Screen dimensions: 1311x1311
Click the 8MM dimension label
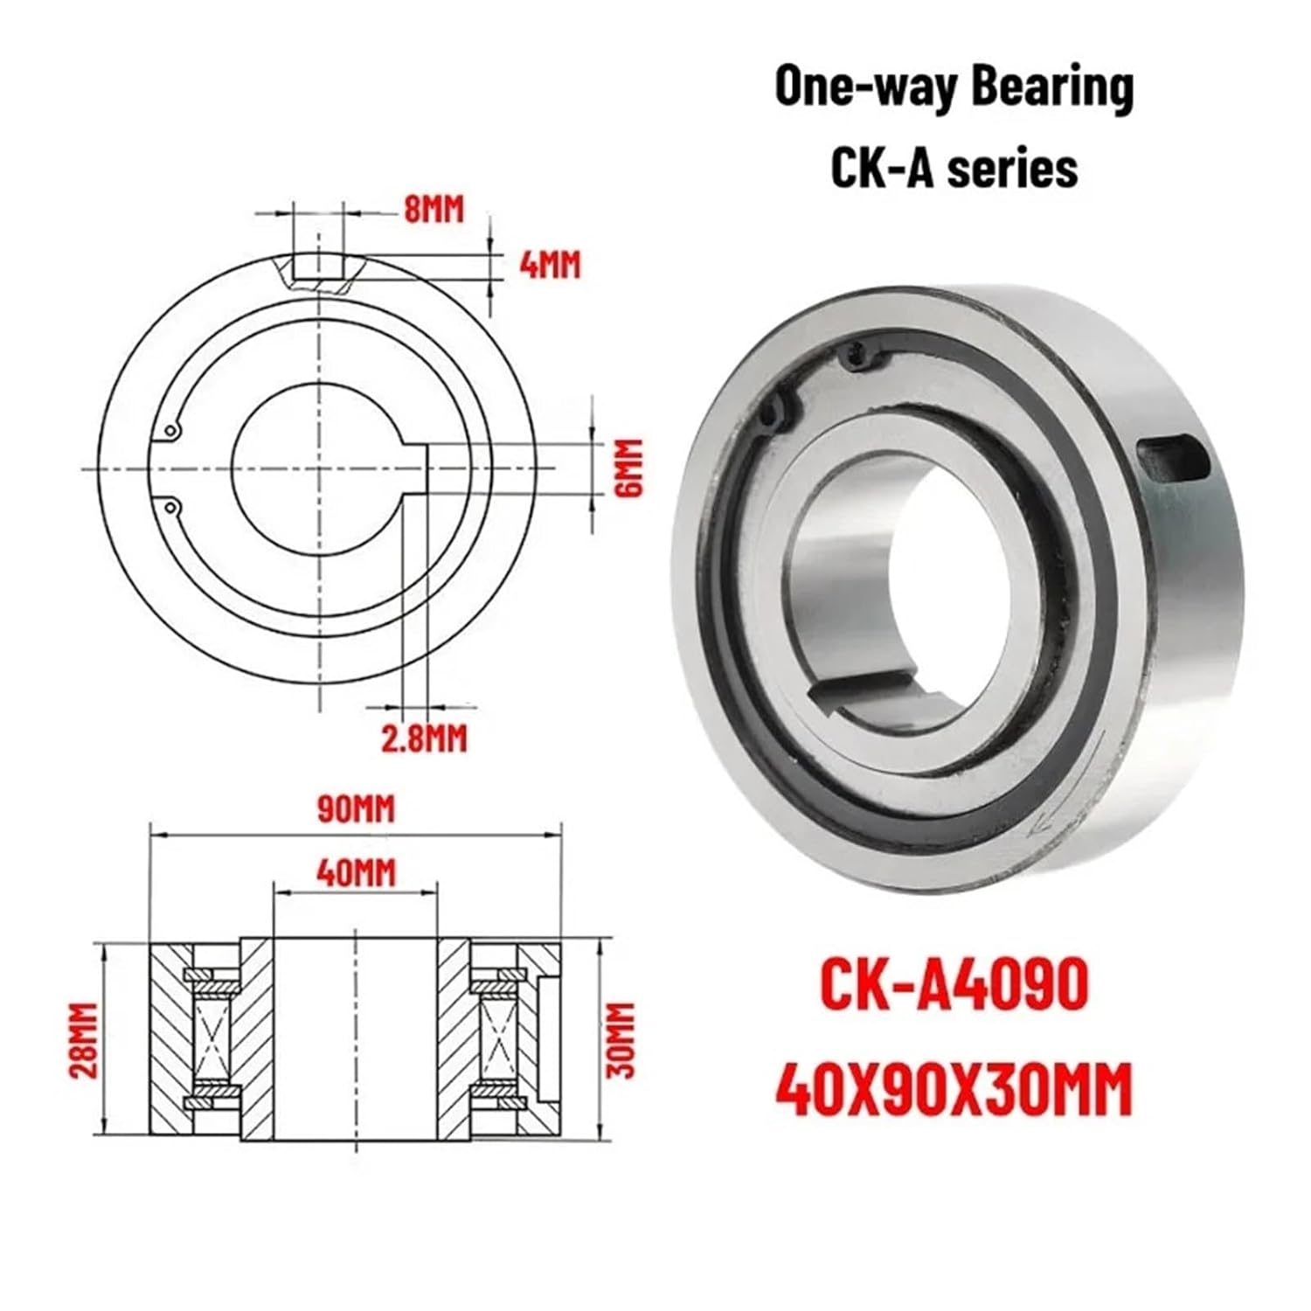pos(434,210)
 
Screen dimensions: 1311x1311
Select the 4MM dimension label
pos(550,264)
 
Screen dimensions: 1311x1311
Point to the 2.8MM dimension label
pos(424,739)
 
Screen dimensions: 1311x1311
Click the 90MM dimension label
pos(355,808)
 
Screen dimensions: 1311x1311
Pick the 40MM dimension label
pos(356,872)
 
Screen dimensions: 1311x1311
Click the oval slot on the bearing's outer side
pos(1171,458)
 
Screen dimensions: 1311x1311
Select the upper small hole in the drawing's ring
pos(171,430)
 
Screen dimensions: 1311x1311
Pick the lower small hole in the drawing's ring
pos(171,505)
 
